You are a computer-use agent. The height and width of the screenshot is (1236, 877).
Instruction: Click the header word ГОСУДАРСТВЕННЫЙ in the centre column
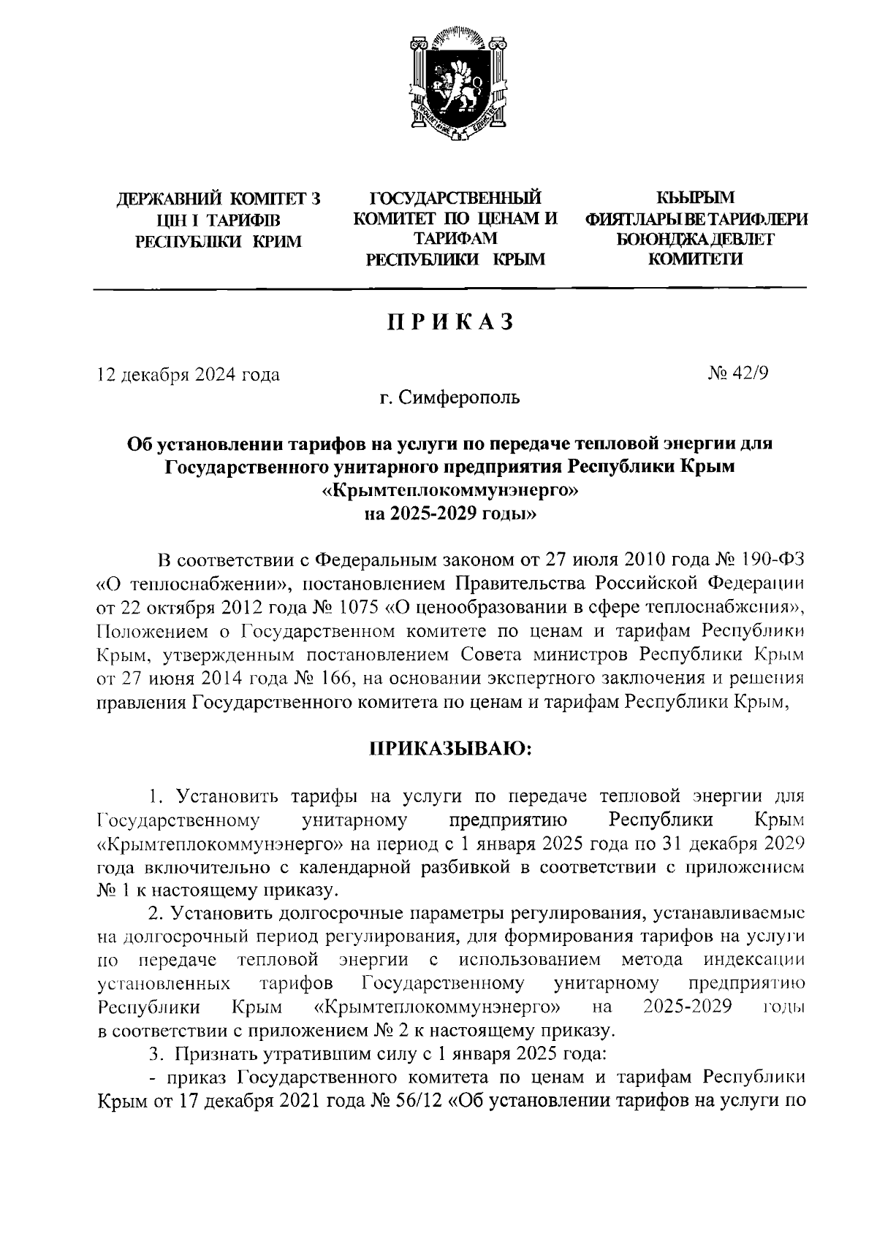pos(456,197)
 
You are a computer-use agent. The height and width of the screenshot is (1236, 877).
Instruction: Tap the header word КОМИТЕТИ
pos(696,259)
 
